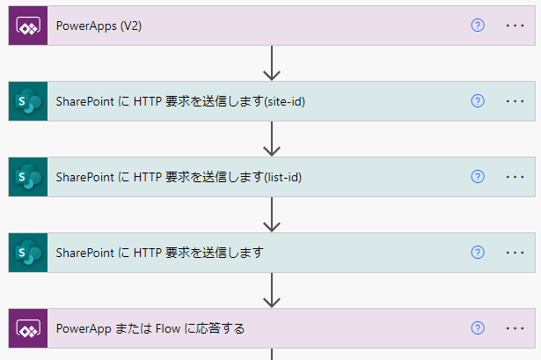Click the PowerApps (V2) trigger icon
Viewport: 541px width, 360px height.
tap(28, 26)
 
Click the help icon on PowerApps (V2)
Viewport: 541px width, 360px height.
tap(478, 26)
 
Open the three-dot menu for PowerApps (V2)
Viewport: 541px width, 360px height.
tap(515, 26)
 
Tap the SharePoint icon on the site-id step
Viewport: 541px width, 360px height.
tap(28, 101)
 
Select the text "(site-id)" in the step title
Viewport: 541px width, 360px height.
tap(285, 101)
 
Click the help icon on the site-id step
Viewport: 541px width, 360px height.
tap(478, 101)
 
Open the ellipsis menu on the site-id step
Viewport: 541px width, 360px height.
tap(515, 101)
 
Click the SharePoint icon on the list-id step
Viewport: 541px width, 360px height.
tap(28, 177)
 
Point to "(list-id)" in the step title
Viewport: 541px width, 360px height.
tap(283, 177)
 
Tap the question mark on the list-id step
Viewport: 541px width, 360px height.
tap(478, 176)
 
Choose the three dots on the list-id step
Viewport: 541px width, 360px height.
tap(515, 177)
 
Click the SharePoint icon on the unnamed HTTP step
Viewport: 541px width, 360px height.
tap(28, 253)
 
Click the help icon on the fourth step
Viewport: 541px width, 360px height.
tap(478, 253)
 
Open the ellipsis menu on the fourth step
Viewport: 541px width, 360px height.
tap(515, 253)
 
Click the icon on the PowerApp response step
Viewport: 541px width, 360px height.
tap(28, 328)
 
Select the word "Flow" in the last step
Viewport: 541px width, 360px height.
tap(168, 328)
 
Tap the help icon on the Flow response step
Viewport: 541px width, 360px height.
tap(478, 328)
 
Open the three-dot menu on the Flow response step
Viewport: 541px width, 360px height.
tap(515, 328)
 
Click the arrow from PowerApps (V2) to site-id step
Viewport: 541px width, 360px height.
tap(272, 62)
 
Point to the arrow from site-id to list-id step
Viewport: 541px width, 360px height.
tap(272, 139)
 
